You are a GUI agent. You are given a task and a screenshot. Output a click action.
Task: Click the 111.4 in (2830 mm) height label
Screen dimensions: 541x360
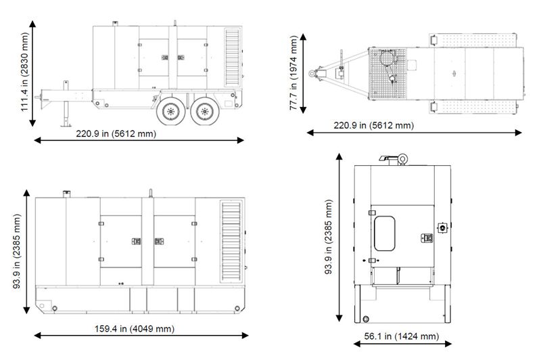(24, 72)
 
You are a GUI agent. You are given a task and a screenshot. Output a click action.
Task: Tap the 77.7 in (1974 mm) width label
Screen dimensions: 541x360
(293, 73)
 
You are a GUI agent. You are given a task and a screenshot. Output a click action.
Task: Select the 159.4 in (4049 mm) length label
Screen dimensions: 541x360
(135, 329)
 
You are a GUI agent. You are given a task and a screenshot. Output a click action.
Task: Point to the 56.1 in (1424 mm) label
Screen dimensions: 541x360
(402, 336)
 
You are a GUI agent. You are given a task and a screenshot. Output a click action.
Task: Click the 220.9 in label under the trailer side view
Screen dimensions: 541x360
(116, 133)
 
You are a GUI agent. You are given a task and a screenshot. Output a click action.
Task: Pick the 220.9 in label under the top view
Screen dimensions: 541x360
(374, 125)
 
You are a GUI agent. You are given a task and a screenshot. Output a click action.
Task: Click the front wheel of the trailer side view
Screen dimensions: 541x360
(171, 111)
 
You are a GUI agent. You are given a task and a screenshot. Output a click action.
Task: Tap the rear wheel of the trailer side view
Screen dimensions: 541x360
(205, 111)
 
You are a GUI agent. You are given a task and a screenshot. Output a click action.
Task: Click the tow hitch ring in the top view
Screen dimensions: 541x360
(312, 73)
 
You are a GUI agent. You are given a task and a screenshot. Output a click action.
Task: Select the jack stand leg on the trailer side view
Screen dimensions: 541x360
(66, 104)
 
